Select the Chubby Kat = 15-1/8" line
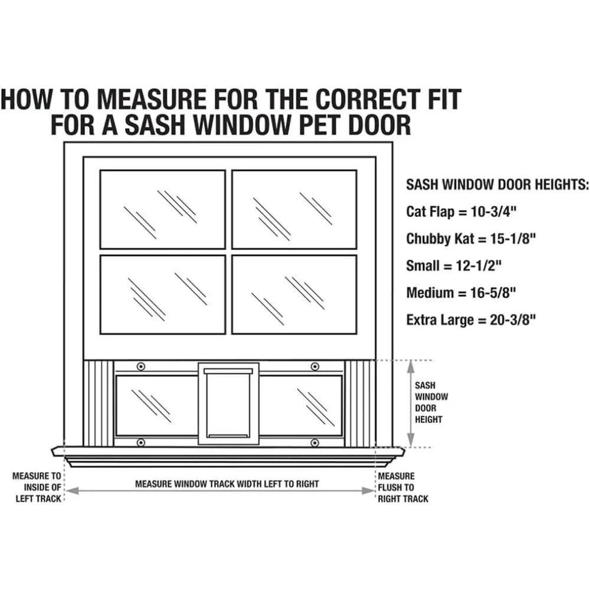(x=471, y=238)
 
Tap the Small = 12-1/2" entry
(x=454, y=265)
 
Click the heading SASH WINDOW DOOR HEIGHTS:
(x=497, y=185)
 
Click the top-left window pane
(x=162, y=209)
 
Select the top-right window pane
(x=294, y=209)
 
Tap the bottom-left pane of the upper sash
(x=162, y=294)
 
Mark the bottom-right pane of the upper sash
(x=294, y=294)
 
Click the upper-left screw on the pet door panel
(x=140, y=366)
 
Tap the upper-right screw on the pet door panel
(x=315, y=366)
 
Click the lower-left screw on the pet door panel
(x=140, y=442)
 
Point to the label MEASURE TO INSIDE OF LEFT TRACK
(x=37, y=487)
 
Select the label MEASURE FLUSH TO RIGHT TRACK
(x=403, y=487)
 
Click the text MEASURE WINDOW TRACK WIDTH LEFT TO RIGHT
(x=227, y=484)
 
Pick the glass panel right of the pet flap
(x=301, y=405)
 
